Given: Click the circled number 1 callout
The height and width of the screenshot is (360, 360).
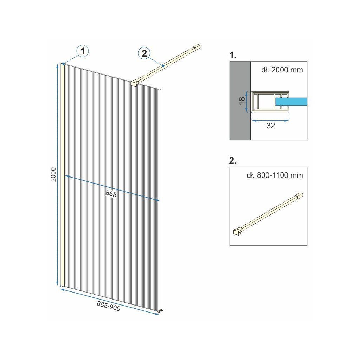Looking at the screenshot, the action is (x=83, y=51).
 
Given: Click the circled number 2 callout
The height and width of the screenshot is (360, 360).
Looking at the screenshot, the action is (x=144, y=53).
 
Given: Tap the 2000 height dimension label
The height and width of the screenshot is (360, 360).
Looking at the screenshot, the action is (x=53, y=174).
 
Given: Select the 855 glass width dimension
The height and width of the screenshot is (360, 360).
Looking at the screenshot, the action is (x=111, y=194).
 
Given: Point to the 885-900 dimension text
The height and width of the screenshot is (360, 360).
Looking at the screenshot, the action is (x=109, y=306).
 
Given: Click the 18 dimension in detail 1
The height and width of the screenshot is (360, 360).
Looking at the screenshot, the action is (x=242, y=101).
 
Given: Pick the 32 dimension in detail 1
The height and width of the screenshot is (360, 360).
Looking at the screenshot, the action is (x=271, y=126).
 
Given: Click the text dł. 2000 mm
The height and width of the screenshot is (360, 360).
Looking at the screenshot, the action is (x=282, y=70).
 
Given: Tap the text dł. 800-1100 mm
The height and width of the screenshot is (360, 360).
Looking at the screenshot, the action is (x=275, y=175).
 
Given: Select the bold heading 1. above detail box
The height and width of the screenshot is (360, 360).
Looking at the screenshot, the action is (x=233, y=55).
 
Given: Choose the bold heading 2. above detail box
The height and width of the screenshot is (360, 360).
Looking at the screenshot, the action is (x=233, y=161).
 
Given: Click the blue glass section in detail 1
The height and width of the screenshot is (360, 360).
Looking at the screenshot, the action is (x=291, y=102).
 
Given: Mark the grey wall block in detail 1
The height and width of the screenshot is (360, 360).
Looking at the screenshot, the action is (x=240, y=101).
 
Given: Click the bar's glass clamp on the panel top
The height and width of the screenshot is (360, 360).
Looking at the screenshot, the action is (x=135, y=83).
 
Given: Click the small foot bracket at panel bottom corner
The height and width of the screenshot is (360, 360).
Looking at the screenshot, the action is (x=160, y=311).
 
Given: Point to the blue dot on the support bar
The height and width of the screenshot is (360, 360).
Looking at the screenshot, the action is (x=163, y=66).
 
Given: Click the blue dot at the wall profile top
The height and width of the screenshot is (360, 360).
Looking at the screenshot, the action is (x=63, y=64).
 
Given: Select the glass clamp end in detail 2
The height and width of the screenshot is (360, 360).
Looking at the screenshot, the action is (x=237, y=232).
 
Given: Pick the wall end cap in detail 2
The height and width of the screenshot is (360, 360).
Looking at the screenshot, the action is (x=300, y=195).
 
